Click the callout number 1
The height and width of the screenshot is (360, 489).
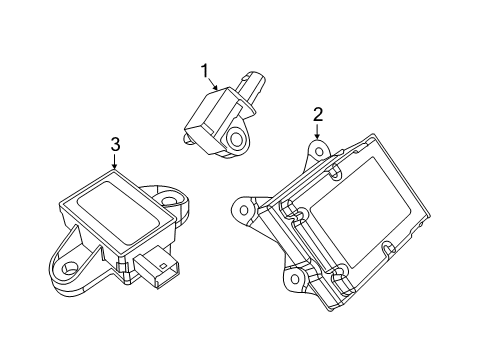204,71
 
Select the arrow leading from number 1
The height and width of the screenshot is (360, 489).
214,84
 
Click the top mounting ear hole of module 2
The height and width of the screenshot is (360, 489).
317,151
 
